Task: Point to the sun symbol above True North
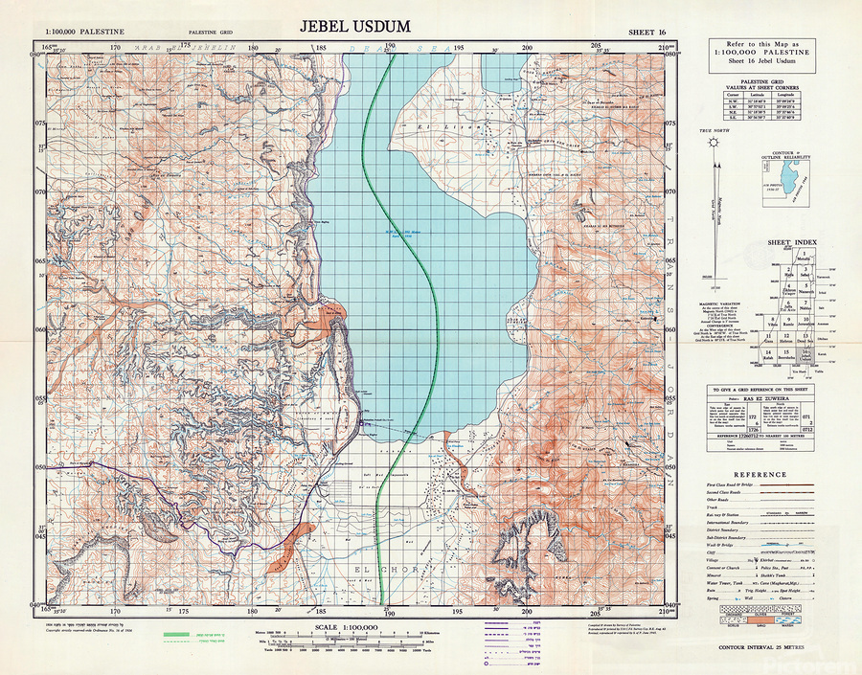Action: (x=713, y=143)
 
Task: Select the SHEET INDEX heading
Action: (x=791, y=243)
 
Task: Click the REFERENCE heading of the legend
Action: (x=760, y=475)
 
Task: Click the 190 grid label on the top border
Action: (x=390, y=46)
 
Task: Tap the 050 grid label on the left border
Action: (x=40, y=467)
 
